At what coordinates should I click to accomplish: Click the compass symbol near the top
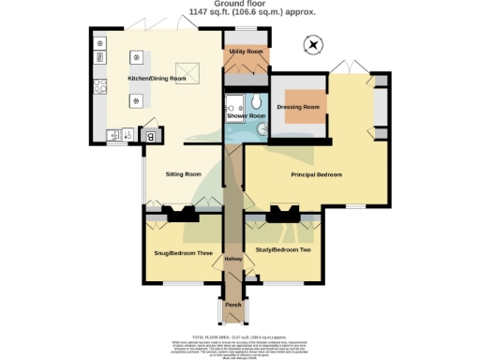pyautogui.click(x=312, y=43)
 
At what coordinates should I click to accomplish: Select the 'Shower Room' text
pyautogui.click(x=246, y=115)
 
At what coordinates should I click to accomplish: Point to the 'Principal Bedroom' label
pyautogui.click(x=315, y=174)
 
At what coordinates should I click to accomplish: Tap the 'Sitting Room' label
pyautogui.click(x=184, y=174)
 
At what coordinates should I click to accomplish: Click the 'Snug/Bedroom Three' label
pyautogui.click(x=182, y=253)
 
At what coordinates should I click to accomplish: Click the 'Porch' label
pyautogui.click(x=232, y=304)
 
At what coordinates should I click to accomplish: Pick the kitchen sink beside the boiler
pyautogui.click(x=120, y=137)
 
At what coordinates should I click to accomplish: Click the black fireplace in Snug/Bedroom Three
pyautogui.click(x=183, y=215)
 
